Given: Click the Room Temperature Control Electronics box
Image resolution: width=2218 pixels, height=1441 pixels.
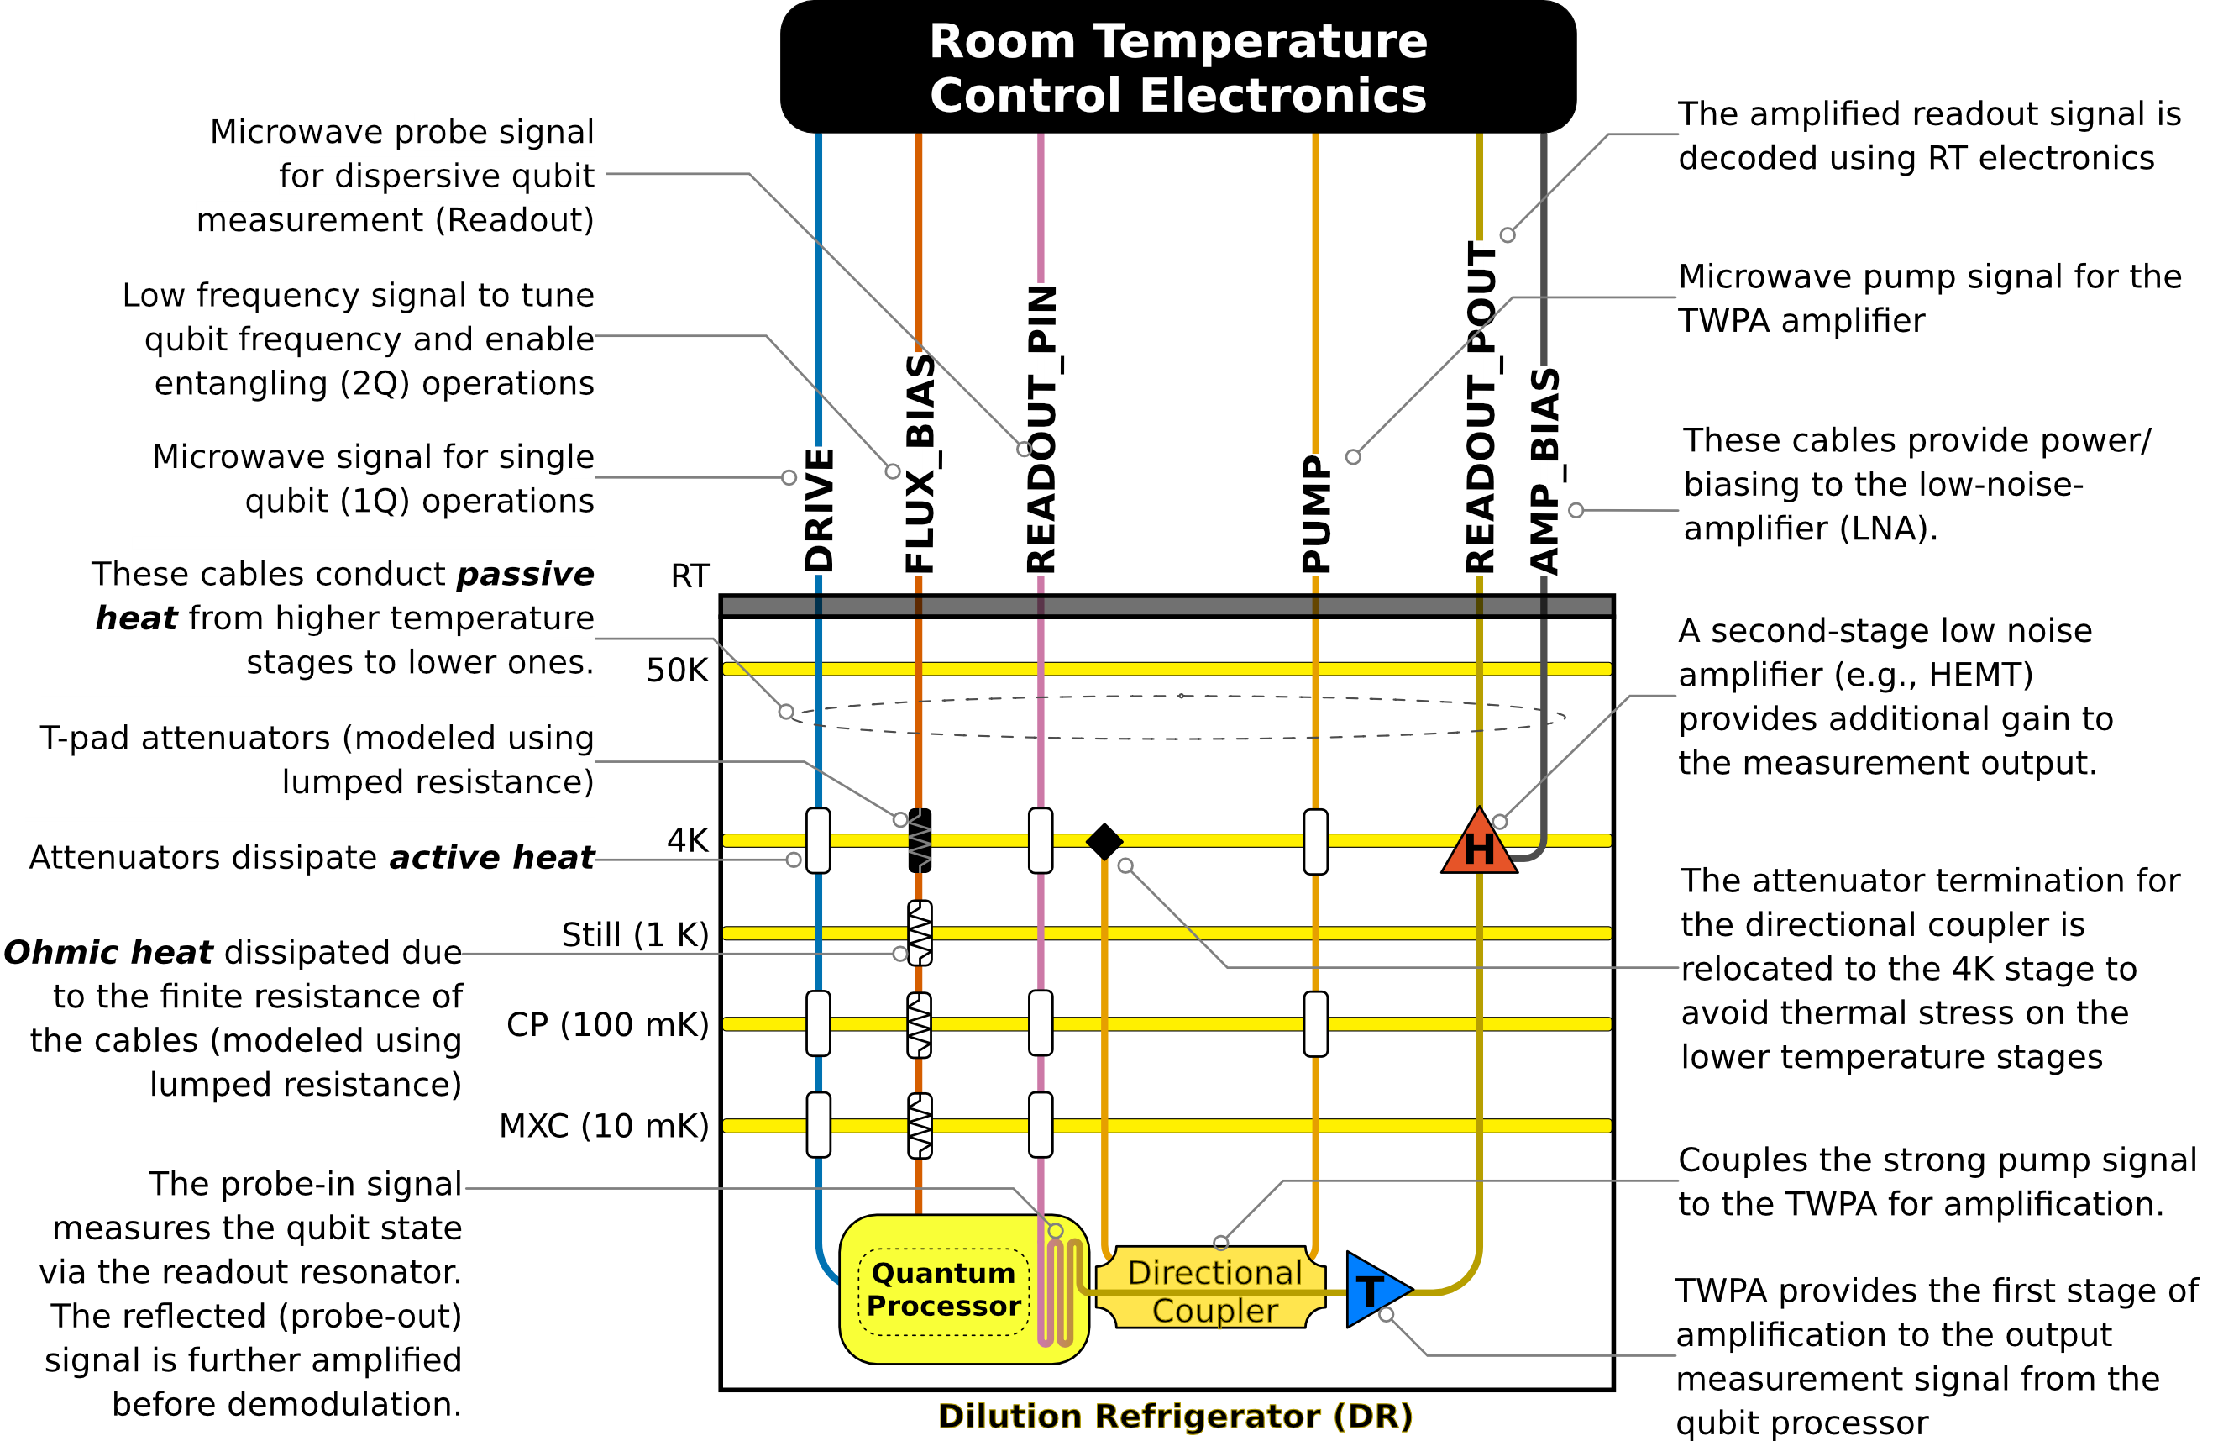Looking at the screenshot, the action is tap(1177, 67).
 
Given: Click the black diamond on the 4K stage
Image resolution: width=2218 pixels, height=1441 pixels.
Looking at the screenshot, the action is tap(1104, 842).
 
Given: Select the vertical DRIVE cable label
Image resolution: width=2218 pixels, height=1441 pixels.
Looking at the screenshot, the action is tap(819, 510).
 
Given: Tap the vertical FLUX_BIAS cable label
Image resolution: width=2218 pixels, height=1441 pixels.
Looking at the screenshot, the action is tap(920, 463).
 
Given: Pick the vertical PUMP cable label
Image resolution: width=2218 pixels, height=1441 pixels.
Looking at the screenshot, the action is tap(1316, 513).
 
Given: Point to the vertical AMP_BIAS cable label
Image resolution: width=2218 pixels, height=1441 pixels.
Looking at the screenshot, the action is tap(1545, 471).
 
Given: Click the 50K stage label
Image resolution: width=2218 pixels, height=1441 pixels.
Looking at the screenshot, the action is tap(678, 671).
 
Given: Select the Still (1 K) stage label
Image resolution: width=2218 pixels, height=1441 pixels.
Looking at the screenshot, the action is tap(636, 934).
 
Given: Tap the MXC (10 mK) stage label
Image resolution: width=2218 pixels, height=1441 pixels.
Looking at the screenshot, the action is tap(604, 1126).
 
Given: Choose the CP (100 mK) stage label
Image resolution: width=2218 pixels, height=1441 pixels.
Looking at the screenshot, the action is tap(608, 1024).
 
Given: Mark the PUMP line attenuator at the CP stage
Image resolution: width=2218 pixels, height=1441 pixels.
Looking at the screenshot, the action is tap(1316, 1023).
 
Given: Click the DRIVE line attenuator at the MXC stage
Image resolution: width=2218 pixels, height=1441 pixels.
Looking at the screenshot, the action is tap(818, 1125).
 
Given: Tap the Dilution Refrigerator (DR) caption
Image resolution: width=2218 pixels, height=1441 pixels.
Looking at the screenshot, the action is tap(1175, 1416).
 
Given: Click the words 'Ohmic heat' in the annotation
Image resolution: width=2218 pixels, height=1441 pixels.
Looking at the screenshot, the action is tap(108, 953).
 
